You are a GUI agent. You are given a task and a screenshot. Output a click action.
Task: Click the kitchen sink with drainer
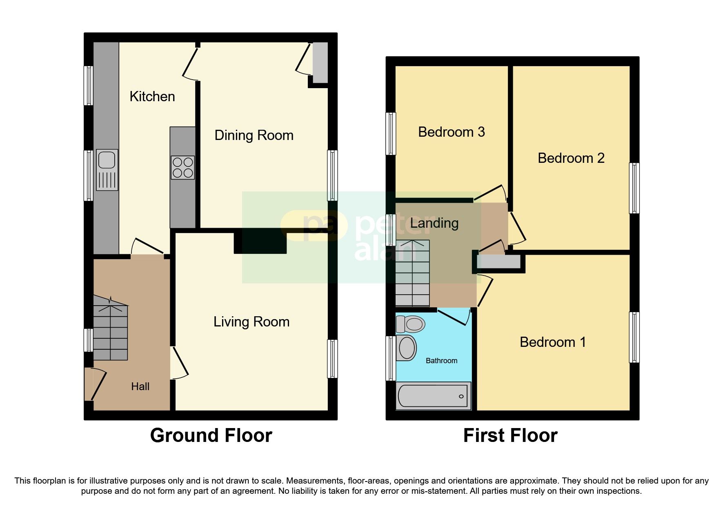pos(107,170)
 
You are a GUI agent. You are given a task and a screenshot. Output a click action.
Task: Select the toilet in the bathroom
pos(411,325)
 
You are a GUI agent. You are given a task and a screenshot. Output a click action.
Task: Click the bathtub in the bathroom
pos(434,395)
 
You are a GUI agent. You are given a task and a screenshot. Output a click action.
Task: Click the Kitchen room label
pos(152,97)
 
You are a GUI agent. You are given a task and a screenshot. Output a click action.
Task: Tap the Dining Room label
pos(254,135)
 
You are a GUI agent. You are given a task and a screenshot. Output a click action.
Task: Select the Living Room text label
pos(251,322)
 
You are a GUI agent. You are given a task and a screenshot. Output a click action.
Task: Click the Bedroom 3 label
pos(452,132)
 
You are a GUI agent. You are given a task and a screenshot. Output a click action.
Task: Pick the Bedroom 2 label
pos(571,158)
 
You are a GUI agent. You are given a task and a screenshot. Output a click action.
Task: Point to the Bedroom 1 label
pos(553,342)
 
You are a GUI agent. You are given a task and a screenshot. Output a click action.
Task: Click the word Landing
pos(434,223)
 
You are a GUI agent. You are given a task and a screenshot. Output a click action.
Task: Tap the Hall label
pos(140,386)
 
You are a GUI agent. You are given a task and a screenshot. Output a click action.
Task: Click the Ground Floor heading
pos(211,435)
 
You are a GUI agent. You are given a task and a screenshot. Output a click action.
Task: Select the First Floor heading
pos(510,435)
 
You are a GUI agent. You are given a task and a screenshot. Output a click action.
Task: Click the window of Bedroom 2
pos(634,188)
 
